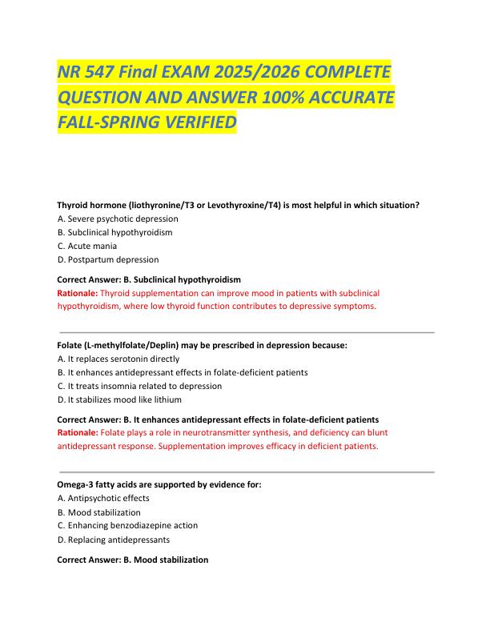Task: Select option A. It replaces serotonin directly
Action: [118, 359]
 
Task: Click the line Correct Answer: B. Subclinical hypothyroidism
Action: [149, 279]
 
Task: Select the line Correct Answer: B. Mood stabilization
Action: [133, 560]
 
